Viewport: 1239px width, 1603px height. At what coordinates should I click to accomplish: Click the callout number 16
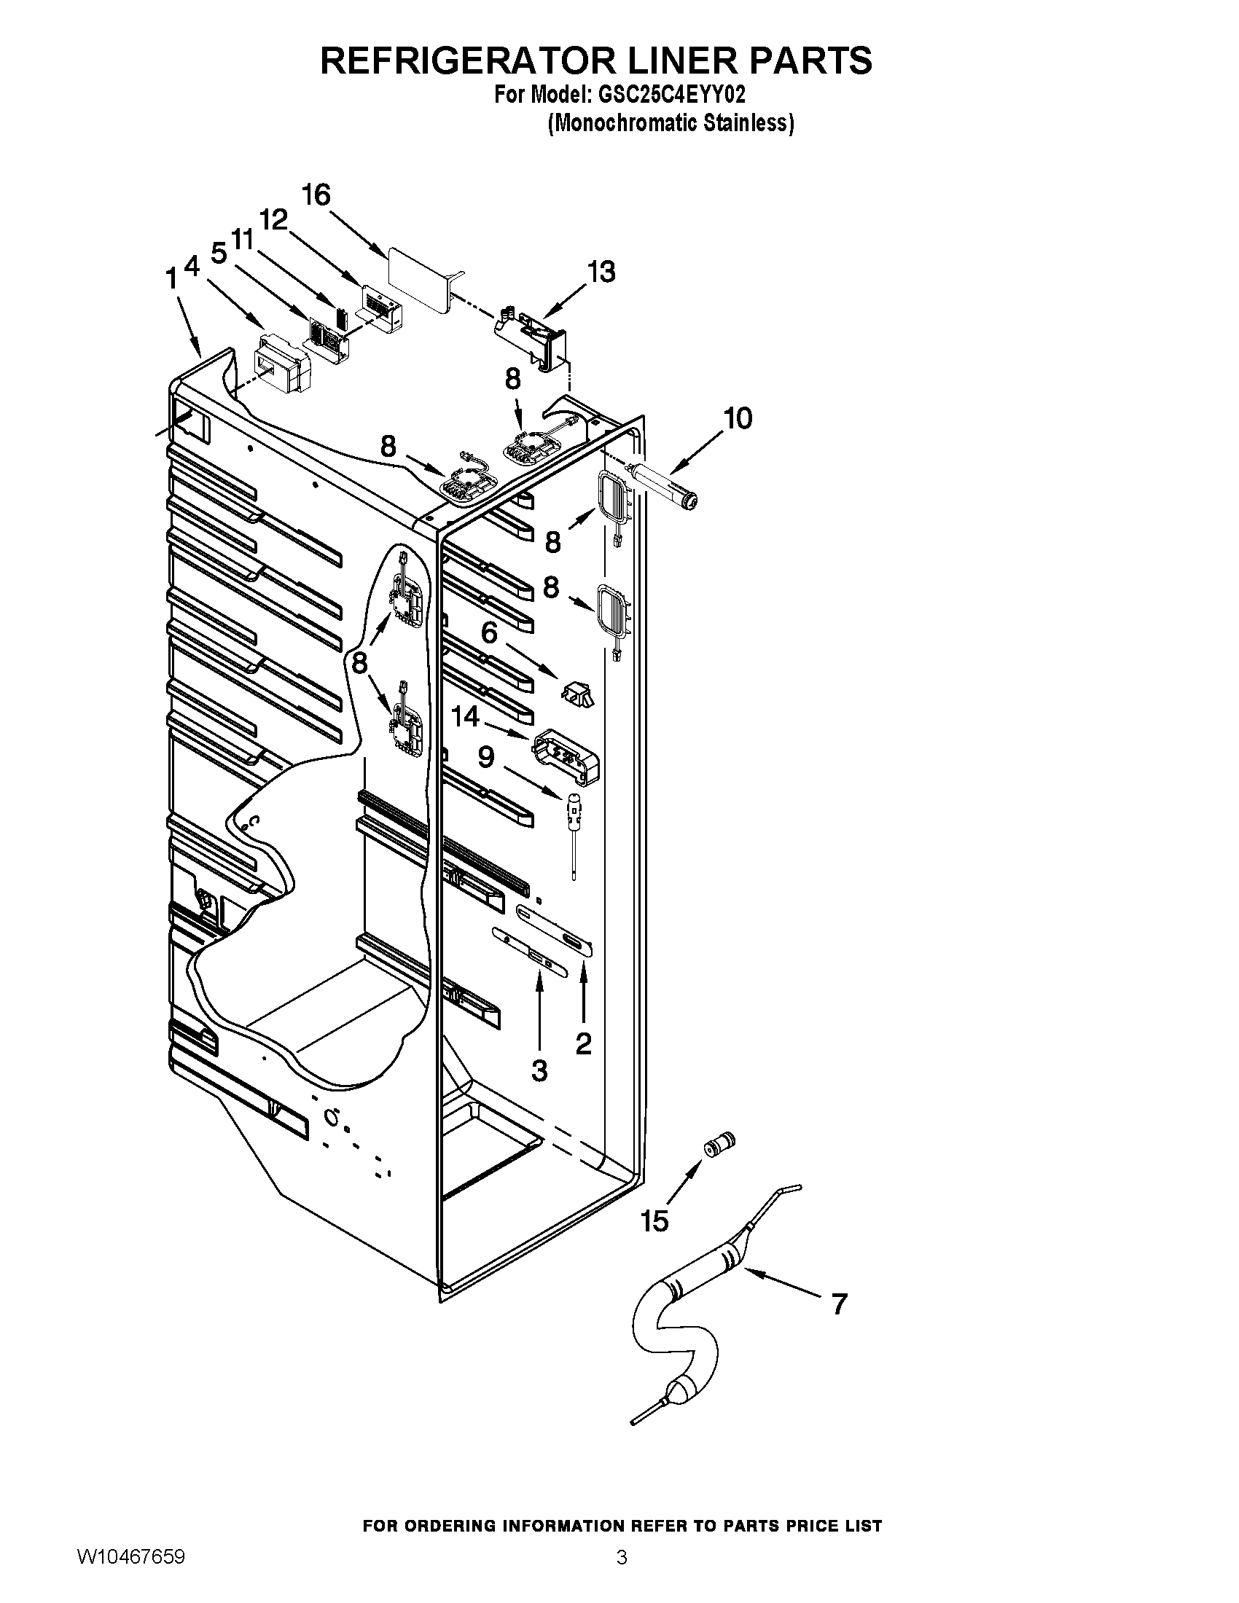(316, 195)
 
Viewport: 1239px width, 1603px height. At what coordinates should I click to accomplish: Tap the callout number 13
(601, 272)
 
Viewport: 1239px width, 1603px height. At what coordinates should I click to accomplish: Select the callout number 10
(738, 418)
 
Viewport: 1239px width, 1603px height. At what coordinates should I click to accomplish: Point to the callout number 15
(654, 1221)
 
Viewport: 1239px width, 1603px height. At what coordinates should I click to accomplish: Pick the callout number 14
(465, 716)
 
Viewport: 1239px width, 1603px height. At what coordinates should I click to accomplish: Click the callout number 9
(486, 757)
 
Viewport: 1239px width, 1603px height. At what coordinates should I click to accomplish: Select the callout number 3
(539, 1070)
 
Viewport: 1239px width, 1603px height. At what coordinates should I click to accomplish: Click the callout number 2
(584, 1042)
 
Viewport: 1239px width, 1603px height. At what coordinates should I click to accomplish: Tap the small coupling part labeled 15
(719, 1145)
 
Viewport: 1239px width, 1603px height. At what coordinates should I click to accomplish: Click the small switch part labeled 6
(579, 692)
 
